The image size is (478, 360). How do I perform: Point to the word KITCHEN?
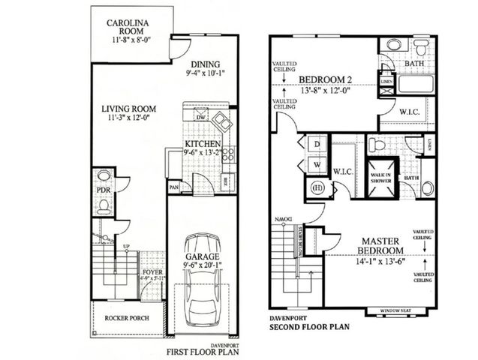[203, 144]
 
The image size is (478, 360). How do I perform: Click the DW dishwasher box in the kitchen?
[200, 117]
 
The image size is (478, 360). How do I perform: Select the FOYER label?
[152, 273]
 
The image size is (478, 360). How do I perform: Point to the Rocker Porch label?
[126, 317]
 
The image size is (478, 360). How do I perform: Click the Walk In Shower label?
[380, 175]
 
